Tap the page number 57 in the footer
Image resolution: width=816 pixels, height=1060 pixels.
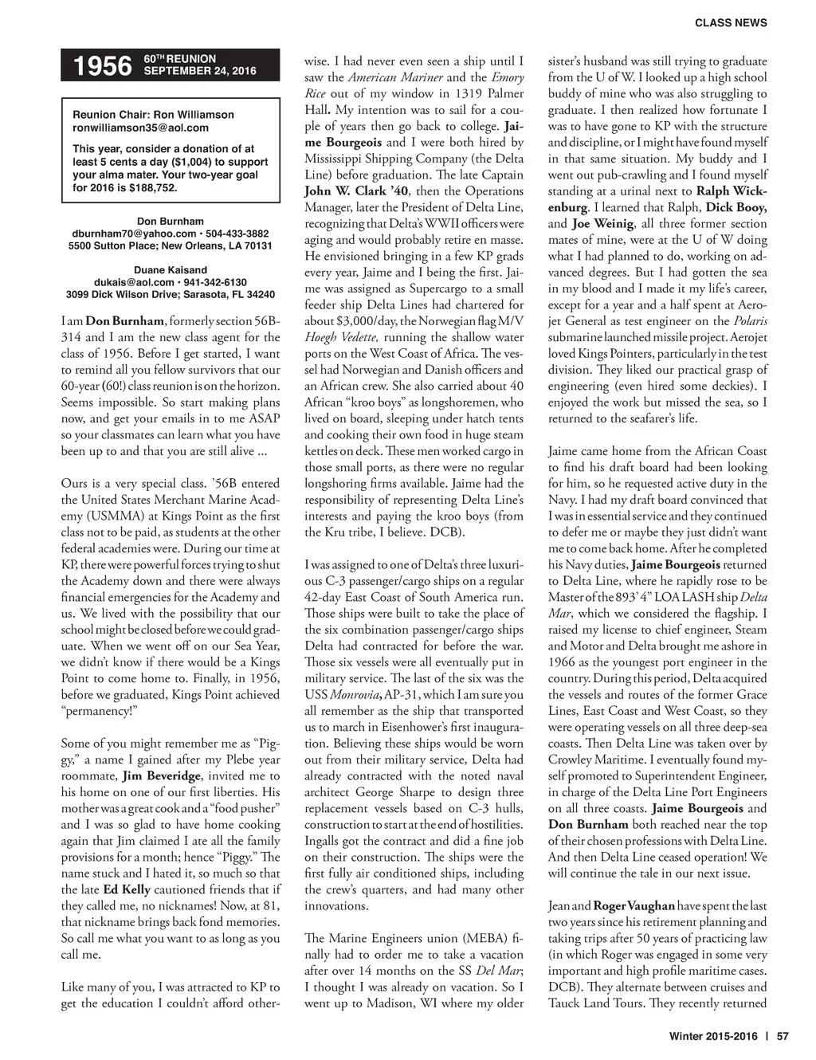coord(782,1037)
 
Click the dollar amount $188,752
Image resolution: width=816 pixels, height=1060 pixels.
coord(151,188)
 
